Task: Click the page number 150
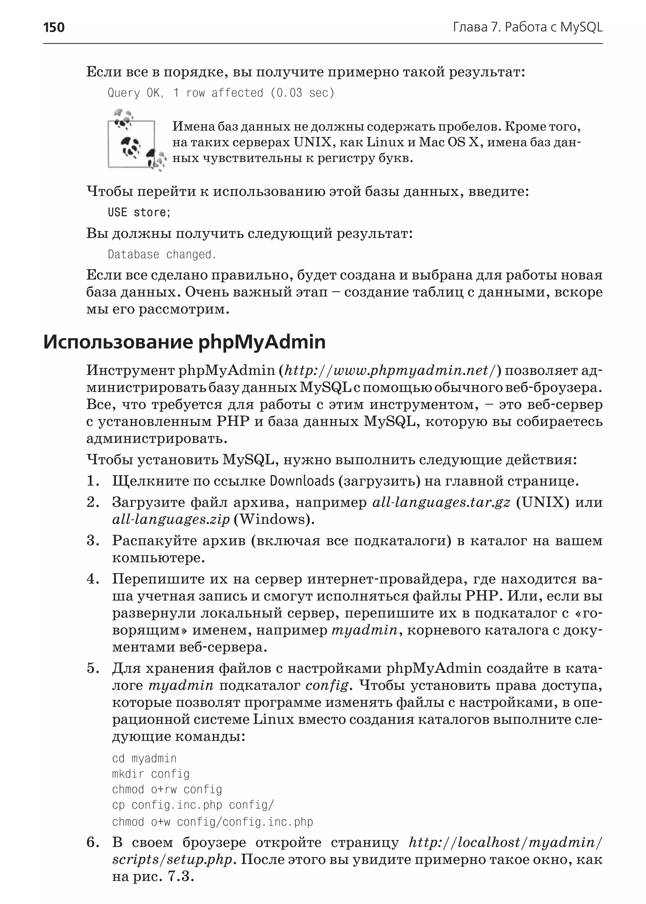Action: pos(54,27)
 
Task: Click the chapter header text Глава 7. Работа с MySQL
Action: pos(527,27)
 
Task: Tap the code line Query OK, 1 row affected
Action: pos(221,93)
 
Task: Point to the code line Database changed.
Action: pos(161,254)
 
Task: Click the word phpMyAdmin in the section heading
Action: pos(262,342)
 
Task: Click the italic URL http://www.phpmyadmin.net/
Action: pos(390,370)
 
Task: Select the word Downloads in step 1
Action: pos(302,481)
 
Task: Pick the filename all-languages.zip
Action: pos(171,519)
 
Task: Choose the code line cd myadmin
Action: pos(144,758)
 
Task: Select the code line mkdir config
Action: pos(151,774)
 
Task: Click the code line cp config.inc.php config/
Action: pos(193,805)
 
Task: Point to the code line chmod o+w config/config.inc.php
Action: pos(212,822)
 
